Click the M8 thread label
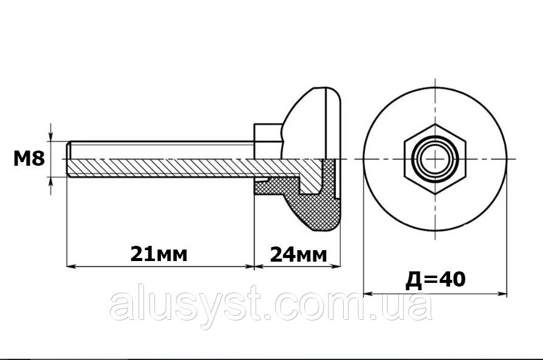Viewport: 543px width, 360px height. pyautogui.click(x=29, y=159)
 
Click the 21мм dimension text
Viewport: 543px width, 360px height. pyautogui.click(x=159, y=254)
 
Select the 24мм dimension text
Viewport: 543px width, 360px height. pyautogui.click(x=298, y=255)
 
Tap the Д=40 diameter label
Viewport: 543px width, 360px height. pyautogui.click(x=435, y=280)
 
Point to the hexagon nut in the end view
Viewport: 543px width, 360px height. pyautogui.click(x=435, y=159)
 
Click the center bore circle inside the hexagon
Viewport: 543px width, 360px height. pyautogui.click(x=435, y=159)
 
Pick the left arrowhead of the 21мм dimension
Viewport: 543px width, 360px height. pyautogui.click(x=71, y=266)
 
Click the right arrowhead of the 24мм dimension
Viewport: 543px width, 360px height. pyautogui.click(x=336, y=266)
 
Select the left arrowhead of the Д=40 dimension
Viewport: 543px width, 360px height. pyautogui.click(x=368, y=294)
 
